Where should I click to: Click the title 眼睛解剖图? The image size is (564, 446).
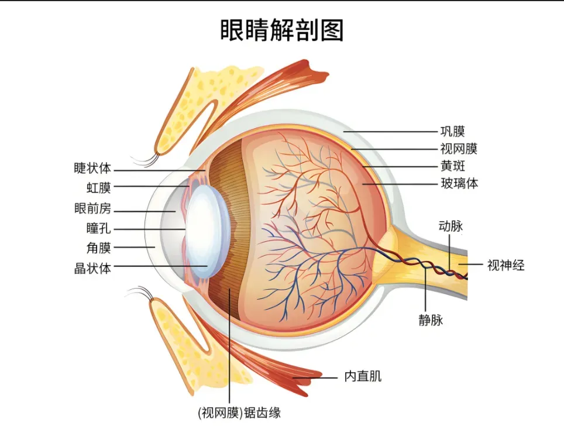coord(281,30)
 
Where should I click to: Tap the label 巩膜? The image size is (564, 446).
coord(453,131)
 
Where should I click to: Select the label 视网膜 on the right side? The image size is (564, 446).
coord(459,149)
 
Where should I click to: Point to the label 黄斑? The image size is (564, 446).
coord(453,166)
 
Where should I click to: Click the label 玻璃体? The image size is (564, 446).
coord(459,184)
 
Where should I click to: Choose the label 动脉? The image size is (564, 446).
coord(450,226)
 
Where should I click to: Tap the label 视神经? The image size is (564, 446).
coord(505,265)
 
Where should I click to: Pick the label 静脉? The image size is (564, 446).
coord(431,320)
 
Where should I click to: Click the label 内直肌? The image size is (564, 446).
coord(363,376)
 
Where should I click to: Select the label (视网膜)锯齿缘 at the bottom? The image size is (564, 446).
coord(239,413)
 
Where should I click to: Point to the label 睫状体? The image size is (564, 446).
coord(92,168)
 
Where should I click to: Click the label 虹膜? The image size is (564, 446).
coord(98,187)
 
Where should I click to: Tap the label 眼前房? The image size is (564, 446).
coord(92,208)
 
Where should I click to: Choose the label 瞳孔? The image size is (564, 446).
coord(98,228)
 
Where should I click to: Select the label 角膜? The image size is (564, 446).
coord(98,248)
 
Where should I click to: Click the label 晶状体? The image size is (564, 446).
coord(92,268)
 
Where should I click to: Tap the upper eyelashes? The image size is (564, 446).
coord(145,160)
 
